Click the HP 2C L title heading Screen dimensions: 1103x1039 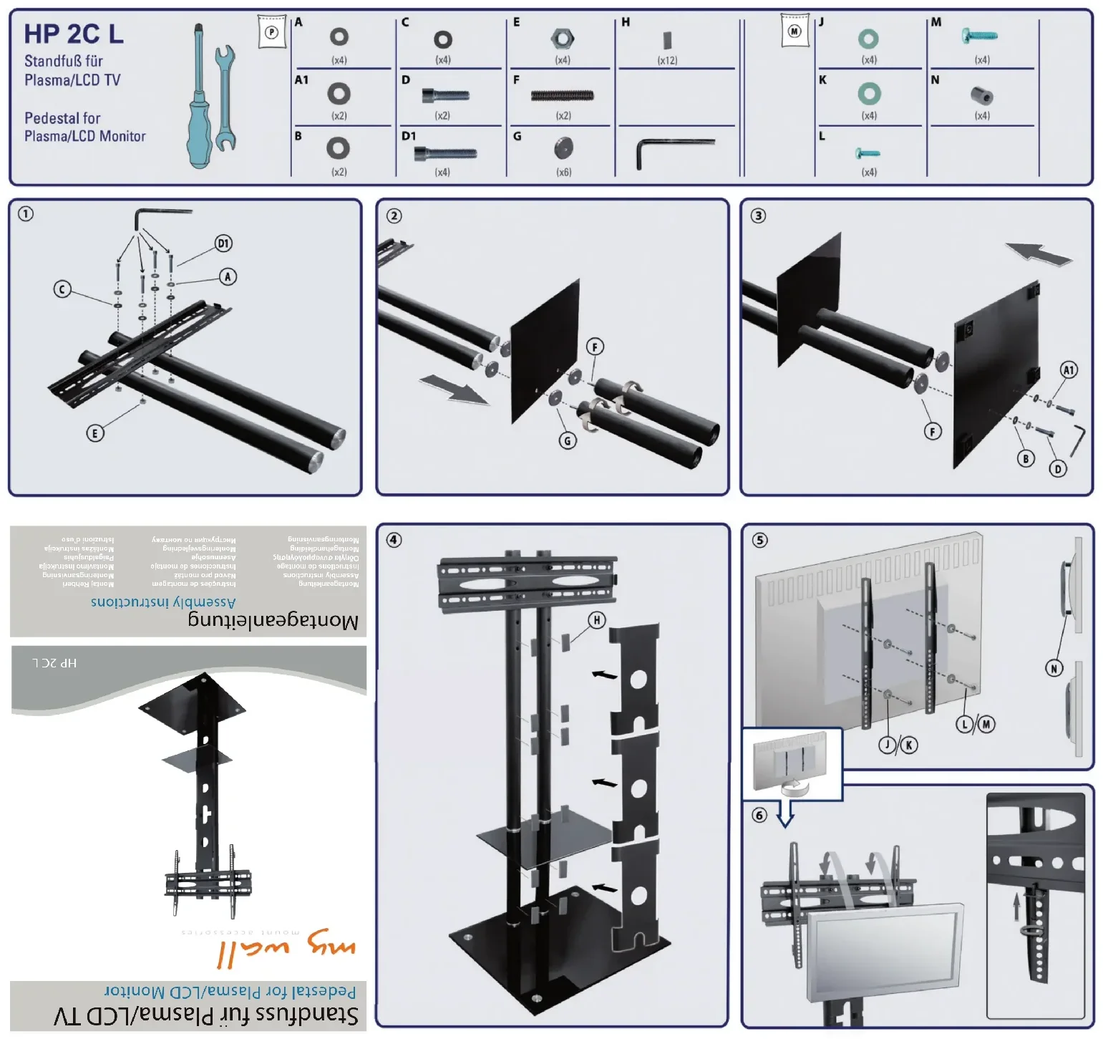(x=74, y=34)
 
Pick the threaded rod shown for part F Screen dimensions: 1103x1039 (x=563, y=95)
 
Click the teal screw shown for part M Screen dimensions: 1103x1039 (x=979, y=34)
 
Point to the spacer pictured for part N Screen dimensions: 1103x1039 (x=981, y=95)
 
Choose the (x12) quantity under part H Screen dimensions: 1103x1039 (x=667, y=61)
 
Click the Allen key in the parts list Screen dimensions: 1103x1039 (x=673, y=150)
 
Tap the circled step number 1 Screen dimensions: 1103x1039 (x=26, y=213)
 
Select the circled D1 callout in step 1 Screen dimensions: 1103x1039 (x=223, y=243)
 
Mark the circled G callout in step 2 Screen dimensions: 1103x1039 (x=568, y=440)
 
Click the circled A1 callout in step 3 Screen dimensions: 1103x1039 (x=1068, y=370)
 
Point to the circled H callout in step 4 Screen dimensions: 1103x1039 (x=596, y=620)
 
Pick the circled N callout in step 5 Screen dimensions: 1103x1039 (x=1054, y=668)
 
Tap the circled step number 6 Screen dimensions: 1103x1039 (x=759, y=815)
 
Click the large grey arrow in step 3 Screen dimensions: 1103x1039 (x=1039, y=254)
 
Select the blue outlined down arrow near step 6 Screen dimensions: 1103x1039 (x=786, y=813)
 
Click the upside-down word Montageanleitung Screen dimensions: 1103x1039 (x=273, y=619)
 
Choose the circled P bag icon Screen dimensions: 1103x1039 (x=271, y=32)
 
